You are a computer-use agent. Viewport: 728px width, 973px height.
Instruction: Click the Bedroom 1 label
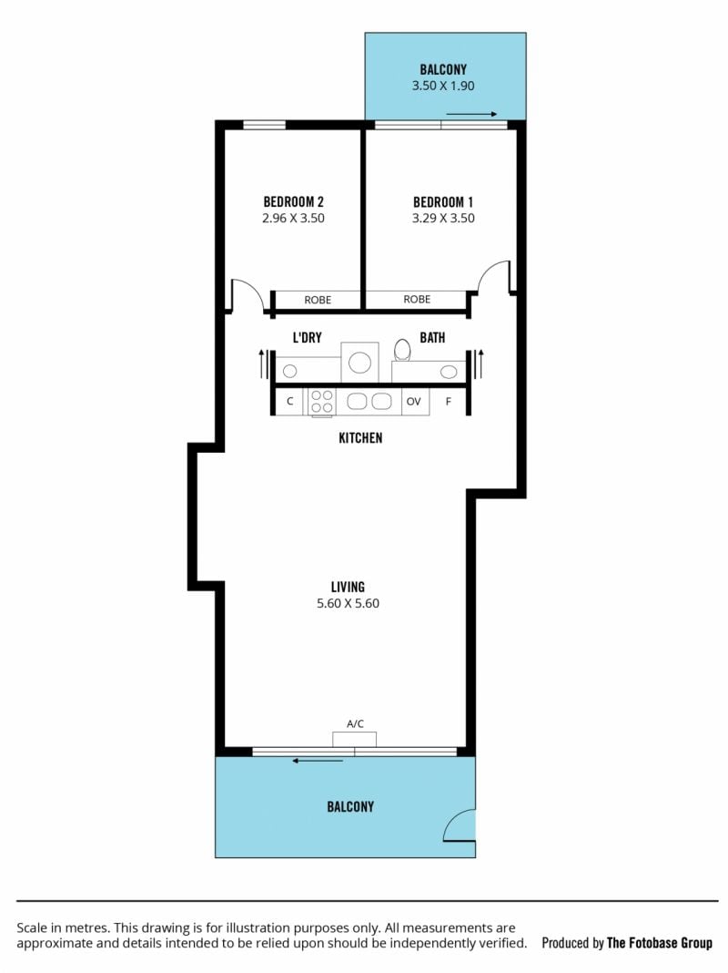[443, 201]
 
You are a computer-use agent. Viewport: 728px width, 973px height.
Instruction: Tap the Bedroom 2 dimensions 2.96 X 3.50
[293, 219]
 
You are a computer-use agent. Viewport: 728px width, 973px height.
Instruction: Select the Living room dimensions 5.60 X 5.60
[348, 603]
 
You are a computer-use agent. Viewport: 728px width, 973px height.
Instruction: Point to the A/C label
[355, 723]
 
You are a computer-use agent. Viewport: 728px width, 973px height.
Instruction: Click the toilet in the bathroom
[402, 350]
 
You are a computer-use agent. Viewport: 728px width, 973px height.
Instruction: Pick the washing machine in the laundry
[359, 363]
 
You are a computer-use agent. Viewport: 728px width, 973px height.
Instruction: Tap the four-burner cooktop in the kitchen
[321, 401]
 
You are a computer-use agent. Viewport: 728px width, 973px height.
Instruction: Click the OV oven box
[414, 402]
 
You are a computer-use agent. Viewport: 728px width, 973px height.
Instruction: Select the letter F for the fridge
[449, 402]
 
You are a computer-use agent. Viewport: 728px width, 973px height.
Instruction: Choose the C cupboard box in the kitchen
[289, 401]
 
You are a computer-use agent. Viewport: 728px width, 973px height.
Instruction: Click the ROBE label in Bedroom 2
[318, 301]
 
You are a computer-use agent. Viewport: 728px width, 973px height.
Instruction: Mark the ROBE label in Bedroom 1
[417, 300]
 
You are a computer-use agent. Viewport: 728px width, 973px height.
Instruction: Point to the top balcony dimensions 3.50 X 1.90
[443, 86]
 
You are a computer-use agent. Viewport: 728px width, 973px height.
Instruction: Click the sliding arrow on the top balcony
[471, 114]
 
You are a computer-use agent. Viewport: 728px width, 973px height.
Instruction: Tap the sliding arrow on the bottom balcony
[318, 760]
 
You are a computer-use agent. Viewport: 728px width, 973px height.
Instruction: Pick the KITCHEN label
[360, 438]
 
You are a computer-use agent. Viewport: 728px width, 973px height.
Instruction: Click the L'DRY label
[308, 338]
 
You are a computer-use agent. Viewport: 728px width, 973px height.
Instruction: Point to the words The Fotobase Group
[659, 943]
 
